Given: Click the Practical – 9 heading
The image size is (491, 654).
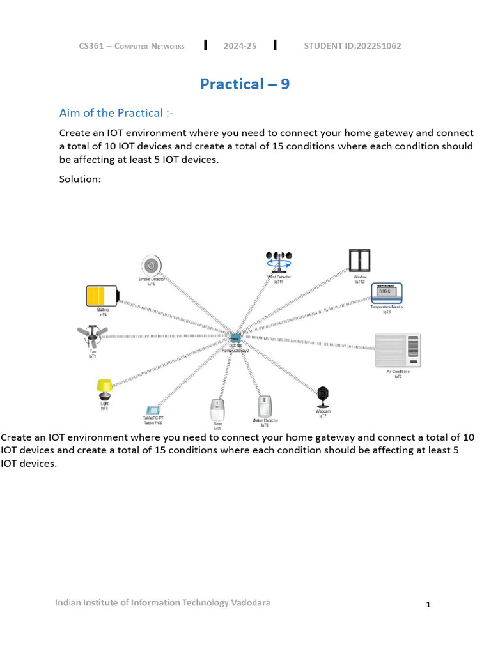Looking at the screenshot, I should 245,84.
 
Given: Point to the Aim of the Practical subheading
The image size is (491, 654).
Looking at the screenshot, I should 116,113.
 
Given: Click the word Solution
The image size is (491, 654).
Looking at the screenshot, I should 79,179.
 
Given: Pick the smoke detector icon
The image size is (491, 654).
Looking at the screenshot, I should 151,264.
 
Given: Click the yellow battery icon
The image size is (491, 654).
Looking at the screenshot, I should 102,296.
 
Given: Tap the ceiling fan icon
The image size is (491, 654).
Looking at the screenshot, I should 93,335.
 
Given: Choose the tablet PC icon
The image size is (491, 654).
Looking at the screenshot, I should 153,409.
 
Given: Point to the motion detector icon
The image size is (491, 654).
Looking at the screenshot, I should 265,407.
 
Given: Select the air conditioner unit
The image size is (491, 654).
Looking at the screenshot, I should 398,351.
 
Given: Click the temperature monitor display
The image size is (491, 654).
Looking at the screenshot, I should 387,293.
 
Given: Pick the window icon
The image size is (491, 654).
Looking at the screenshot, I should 359,261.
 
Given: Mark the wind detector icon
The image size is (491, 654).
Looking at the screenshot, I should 278,262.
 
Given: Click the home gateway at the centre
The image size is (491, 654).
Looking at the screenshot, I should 235,338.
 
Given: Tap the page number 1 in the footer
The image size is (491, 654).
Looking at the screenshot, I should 429,604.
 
